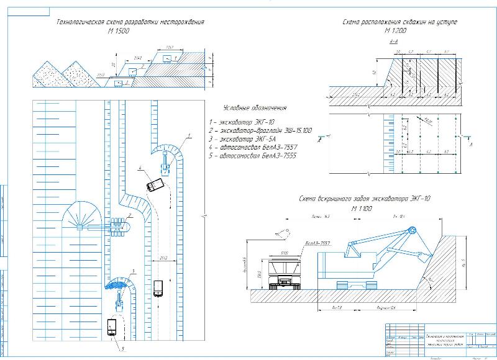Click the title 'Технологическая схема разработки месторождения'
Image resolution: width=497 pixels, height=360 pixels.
click(130, 22)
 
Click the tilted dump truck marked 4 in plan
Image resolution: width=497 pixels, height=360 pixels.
click(155, 186)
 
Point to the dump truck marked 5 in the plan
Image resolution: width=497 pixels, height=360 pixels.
click(112, 326)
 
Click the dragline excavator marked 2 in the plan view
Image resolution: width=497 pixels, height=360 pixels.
click(118, 227)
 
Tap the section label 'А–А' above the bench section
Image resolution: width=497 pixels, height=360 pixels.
click(393, 42)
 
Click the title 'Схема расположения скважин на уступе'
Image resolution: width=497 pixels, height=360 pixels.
click(400, 22)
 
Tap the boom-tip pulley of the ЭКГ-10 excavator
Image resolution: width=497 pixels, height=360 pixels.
click(411, 232)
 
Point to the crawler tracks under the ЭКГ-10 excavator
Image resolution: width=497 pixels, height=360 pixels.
click(354, 286)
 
